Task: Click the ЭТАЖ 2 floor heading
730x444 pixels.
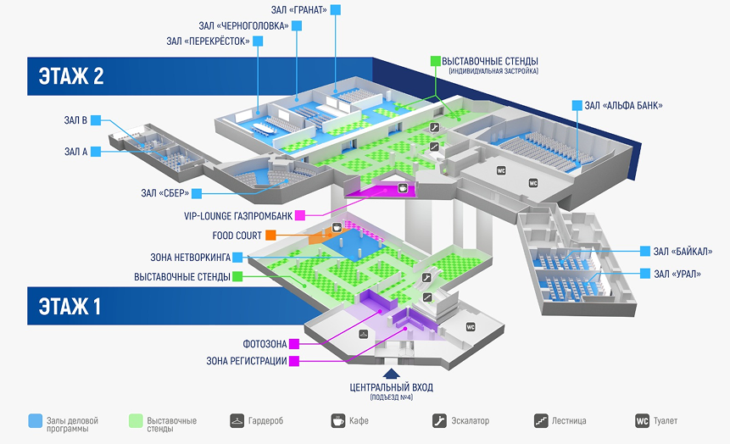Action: (x=71, y=75)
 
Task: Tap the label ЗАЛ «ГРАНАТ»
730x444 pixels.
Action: (x=297, y=9)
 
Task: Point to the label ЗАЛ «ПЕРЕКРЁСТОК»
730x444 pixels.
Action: (x=209, y=41)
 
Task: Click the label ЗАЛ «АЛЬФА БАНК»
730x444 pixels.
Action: (x=623, y=106)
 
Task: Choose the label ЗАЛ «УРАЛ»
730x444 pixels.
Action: (x=677, y=274)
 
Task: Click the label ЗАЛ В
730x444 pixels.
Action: (x=75, y=120)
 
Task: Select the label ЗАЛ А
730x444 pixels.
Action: (x=75, y=152)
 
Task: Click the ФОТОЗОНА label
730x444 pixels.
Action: (x=263, y=344)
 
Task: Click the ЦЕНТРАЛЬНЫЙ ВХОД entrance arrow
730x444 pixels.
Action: (x=392, y=372)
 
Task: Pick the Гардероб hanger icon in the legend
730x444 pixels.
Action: (x=237, y=420)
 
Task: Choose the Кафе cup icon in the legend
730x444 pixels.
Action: (x=337, y=420)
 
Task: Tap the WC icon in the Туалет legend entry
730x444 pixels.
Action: (x=643, y=420)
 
